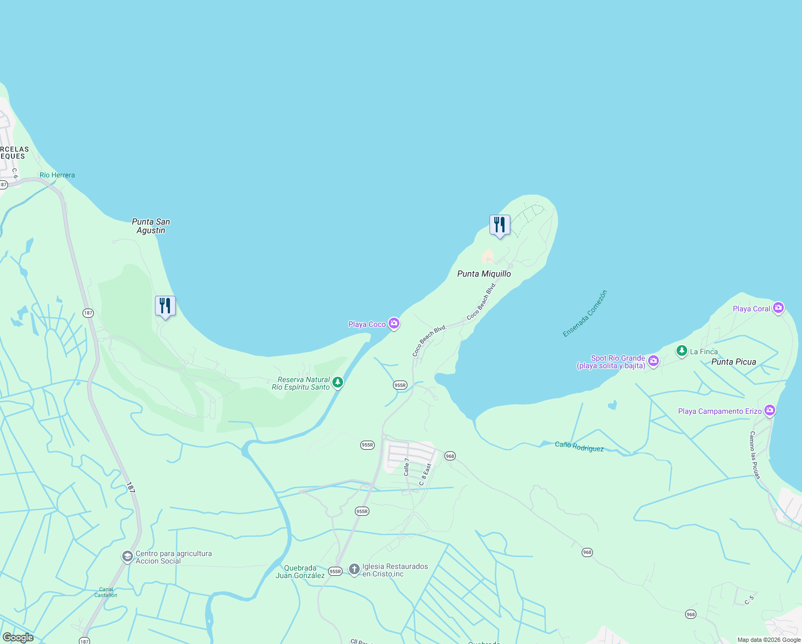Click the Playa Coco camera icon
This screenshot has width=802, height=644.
tap(394, 323)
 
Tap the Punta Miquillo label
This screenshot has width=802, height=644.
tap(484, 274)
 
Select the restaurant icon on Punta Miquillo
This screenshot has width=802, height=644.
tap(500, 225)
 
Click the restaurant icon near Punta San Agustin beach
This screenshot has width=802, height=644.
tap(165, 306)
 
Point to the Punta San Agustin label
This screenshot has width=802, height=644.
tap(151, 226)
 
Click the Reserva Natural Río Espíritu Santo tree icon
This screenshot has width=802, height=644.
tap(337, 382)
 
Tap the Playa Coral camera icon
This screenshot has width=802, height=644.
tap(778, 308)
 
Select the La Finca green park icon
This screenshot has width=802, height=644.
tap(681, 351)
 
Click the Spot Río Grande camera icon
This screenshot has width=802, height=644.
tap(653, 361)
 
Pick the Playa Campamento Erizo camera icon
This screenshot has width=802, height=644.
tap(770, 411)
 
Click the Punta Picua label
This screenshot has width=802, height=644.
tap(733, 362)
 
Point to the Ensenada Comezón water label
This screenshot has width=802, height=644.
tap(585, 314)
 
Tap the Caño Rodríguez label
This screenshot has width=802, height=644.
tap(579, 447)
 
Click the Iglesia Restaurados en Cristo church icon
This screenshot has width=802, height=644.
tap(354, 569)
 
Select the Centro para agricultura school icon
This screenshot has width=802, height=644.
tap(127, 557)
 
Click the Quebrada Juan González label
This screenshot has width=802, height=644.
tap(300, 572)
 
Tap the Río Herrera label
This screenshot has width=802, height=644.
tap(57, 175)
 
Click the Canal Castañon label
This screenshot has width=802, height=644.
tap(106, 592)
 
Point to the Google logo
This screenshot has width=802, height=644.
tap(18, 638)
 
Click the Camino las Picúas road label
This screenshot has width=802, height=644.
tap(755, 455)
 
